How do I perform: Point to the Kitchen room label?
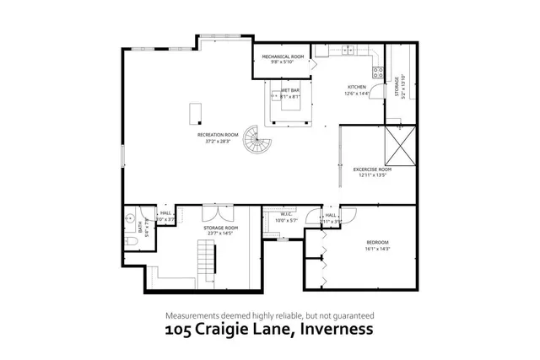pos(357,87)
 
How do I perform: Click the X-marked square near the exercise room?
pos(401,144)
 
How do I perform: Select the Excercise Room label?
pos(372,169)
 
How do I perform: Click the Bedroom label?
pos(377,243)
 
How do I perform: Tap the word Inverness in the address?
pos(333,330)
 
